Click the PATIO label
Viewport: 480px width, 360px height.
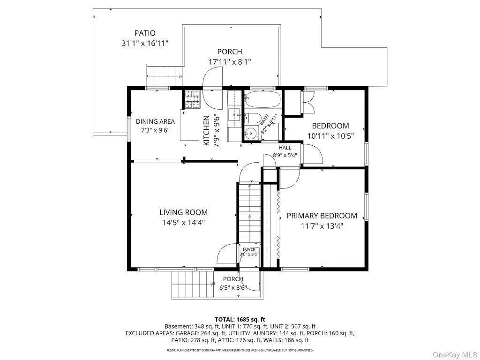click(x=145, y=33)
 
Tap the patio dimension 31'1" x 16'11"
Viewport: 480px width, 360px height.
click(x=145, y=43)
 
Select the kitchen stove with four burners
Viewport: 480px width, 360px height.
click(x=192, y=99)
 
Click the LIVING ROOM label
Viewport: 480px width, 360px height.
click(x=184, y=212)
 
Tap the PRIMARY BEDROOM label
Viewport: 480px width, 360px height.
click(x=322, y=216)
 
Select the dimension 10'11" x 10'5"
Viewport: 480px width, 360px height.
click(x=330, y=136)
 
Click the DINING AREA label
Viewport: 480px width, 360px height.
click(x=155, y=121)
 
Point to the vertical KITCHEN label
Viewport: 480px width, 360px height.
click(x=207, y=130)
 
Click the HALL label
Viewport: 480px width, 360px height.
click(x=285, y=148)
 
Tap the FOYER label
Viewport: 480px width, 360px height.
click(x=249, y=249)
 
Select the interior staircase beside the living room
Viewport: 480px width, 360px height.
click(x=250, y=212)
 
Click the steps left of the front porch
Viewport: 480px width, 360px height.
click(x=193, y=285)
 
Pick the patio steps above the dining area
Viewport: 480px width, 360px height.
click(x=165, y=75)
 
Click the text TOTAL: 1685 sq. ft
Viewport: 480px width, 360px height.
click(x=240, y=320)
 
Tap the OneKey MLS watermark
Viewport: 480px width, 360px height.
click(x=455, y=355)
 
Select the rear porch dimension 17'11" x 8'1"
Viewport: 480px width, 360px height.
click(x=230, y=62)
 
